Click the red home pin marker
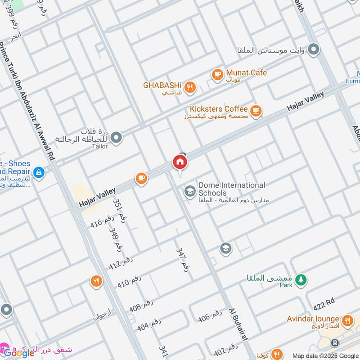tap(180, 162)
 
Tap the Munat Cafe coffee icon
tap(217, 74)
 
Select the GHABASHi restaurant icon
tap(190, 88)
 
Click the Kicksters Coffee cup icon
tap(256, 111)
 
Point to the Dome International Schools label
tap(232, 189)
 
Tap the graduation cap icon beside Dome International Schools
tap(190, 192)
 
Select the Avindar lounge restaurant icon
tap(346, 321)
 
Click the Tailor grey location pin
tap(116, 138)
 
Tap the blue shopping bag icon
tap(39, 172)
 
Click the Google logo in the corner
tap(19, 353)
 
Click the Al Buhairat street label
tap(238, 325)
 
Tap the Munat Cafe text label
tap(246, 72)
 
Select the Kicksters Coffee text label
tap(219, 109)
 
